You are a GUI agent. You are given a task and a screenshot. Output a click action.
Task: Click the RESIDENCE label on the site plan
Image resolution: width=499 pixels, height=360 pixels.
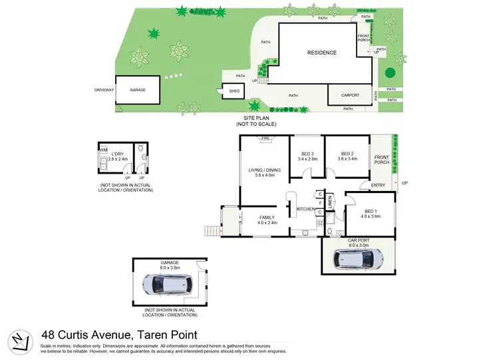321,53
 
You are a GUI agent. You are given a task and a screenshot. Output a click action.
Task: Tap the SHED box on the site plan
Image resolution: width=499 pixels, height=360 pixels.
234,92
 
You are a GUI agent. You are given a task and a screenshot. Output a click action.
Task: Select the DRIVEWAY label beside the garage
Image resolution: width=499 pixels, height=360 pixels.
104,89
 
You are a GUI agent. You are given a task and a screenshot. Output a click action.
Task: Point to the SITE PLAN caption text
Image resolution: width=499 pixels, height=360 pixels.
256,120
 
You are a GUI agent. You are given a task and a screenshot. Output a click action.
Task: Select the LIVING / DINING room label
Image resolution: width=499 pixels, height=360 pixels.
265,173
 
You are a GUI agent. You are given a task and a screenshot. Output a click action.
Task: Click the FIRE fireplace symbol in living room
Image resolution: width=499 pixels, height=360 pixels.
265,139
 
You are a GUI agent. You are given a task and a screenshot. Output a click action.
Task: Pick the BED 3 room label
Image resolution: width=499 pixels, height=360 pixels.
307,156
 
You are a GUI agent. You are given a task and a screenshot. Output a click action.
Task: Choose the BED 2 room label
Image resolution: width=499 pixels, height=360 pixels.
346,156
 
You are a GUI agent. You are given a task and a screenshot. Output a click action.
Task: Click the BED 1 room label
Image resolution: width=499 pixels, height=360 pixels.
370,213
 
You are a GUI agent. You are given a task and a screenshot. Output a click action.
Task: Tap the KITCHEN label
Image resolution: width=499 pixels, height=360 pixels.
305,210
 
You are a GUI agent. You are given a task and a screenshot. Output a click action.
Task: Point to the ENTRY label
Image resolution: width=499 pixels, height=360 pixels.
378,186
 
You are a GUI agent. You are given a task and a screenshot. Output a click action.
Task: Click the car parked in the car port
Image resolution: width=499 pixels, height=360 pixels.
358,258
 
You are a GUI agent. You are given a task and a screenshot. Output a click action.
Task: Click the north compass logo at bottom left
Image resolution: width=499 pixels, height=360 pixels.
21,340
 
